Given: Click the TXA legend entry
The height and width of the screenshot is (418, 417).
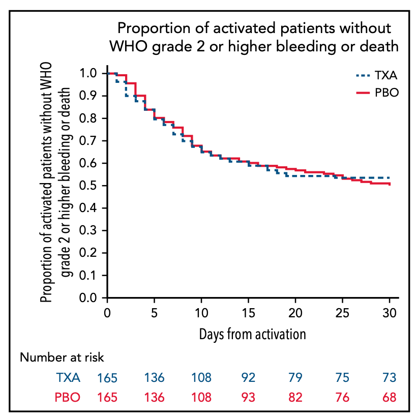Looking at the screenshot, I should coord(376,76).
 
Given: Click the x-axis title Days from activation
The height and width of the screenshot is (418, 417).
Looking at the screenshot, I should coord(252,334).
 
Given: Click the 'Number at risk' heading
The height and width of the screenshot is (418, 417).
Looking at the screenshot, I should coord(62,357).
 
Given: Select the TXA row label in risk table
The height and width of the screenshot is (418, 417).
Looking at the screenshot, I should coord(68,378).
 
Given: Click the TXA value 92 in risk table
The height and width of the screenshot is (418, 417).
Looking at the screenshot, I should coord(248,378).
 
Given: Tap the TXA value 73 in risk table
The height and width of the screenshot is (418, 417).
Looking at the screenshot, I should coord(390,378).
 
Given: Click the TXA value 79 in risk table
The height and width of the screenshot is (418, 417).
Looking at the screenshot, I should coord(295,378).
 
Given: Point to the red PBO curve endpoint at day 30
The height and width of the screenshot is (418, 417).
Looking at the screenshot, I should coord(390,184).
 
